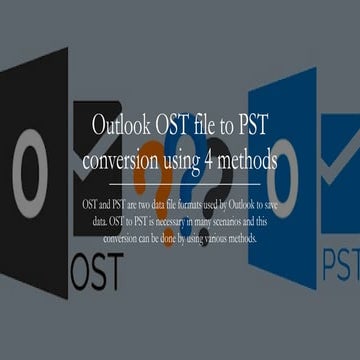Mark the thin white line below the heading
[x=180, y=185]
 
